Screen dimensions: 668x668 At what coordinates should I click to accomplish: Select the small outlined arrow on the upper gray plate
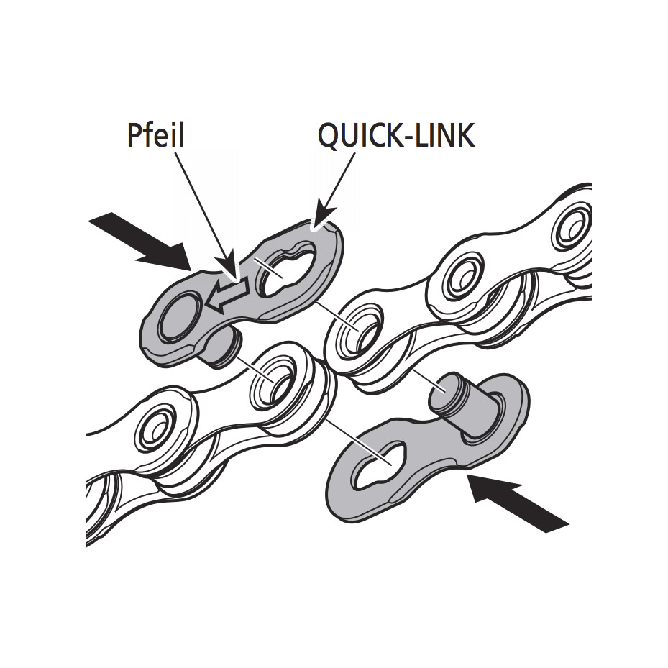225,296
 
